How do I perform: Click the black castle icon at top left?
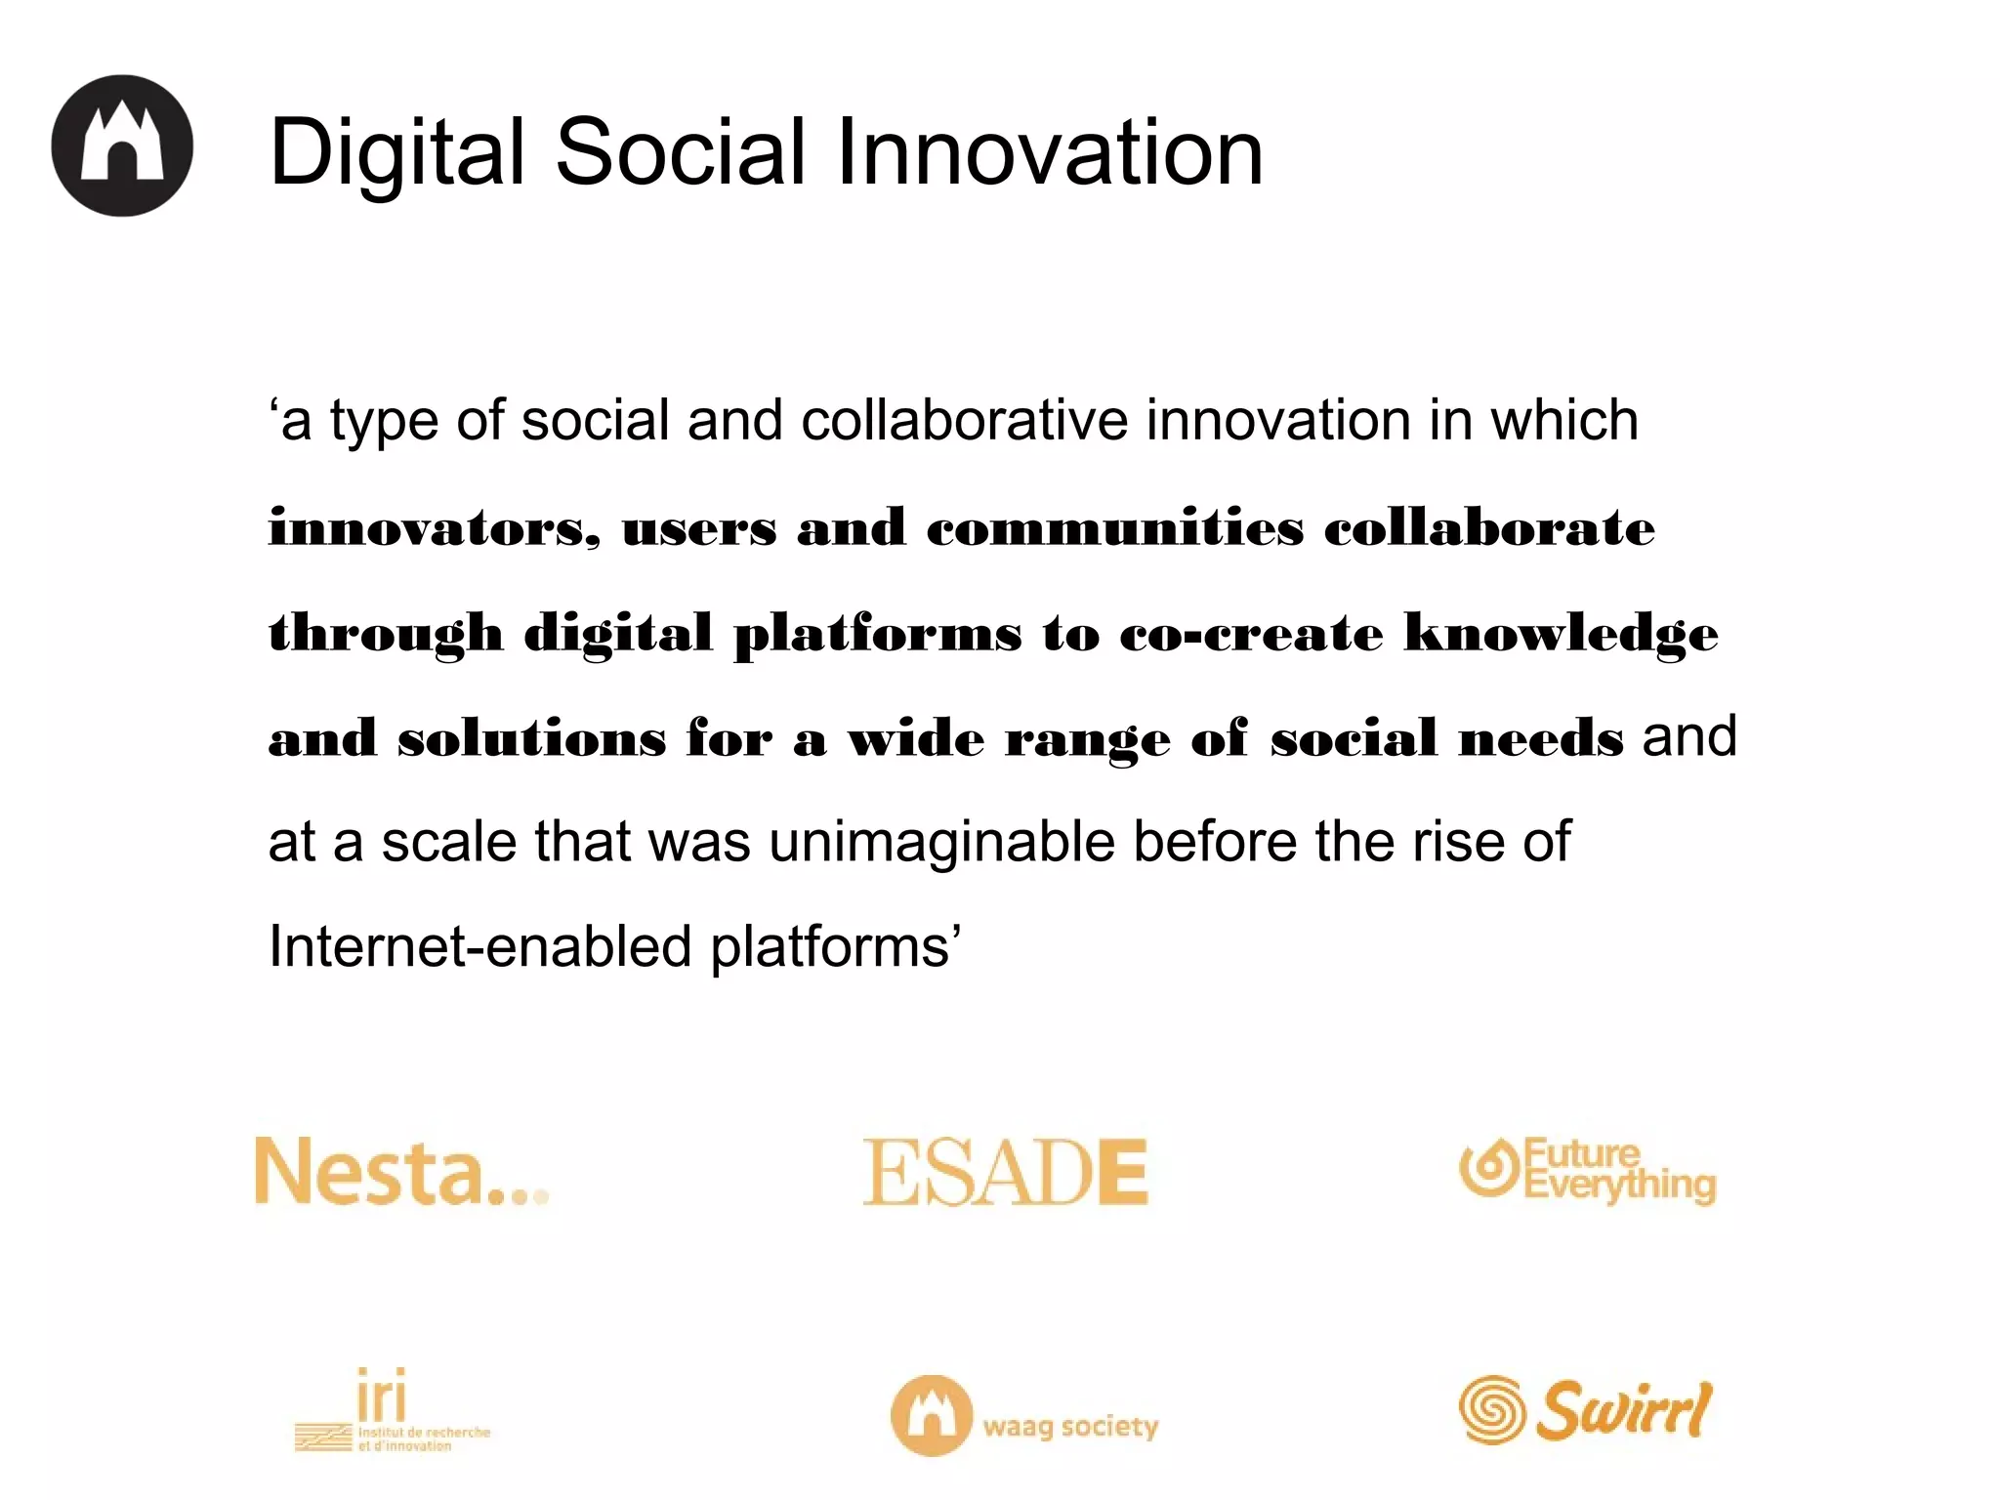122,146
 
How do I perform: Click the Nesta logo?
400,1171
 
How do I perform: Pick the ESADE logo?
1005,1172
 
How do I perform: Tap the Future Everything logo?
1588,1171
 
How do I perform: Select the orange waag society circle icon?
932,1415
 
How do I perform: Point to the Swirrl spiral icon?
1491,1409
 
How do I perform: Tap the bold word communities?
1114,528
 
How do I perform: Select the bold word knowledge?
1561,633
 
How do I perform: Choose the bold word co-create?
1251,634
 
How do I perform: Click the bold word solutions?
531,738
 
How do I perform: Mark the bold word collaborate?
1489,528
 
